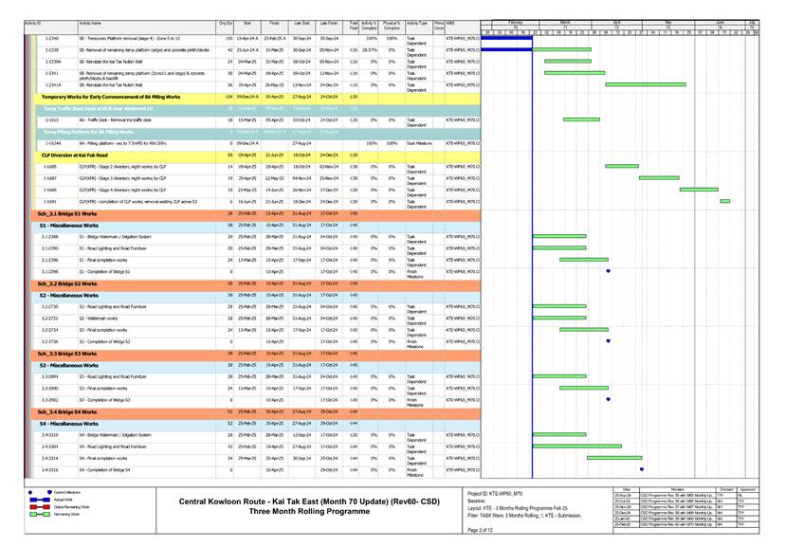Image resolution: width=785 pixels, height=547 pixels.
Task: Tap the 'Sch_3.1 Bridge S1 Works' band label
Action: pos(68,215)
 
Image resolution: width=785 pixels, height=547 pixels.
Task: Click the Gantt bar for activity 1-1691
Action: pos(725,201)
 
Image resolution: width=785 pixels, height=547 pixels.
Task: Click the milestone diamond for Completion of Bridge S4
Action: pos(642,469)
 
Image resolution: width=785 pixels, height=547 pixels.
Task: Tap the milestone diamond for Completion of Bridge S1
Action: pos(608,271)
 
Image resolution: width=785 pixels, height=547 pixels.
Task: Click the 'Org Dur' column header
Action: pos(226,21)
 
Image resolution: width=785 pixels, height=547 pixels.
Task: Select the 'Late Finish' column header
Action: pos(329,21)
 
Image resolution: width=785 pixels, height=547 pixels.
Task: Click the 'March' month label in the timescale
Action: pos(565,20)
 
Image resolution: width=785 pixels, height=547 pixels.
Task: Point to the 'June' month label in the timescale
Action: pos(719,20)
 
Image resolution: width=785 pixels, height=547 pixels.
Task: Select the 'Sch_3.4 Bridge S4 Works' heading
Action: pos(68,412)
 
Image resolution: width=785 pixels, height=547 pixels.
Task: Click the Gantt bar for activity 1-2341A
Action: pos(567,85)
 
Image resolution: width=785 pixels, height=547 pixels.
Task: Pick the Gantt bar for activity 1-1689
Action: pos(699,189)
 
